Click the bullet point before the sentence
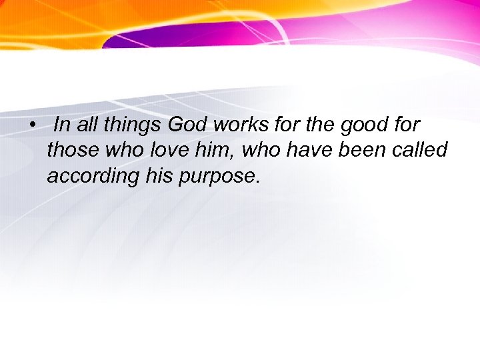click(31, 125)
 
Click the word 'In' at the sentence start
click(61, 125)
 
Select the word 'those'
click(73, 151)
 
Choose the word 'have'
click(312, 151)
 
